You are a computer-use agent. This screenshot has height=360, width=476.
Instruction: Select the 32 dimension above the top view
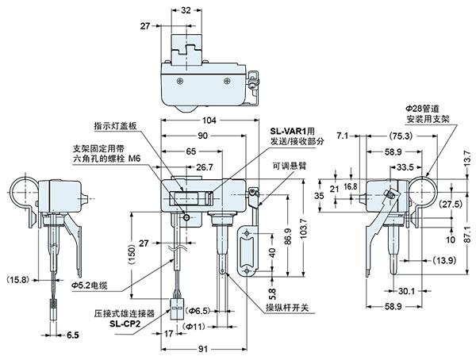tap(186, 11)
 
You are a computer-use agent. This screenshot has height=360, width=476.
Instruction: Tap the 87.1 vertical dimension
tap(467, 250)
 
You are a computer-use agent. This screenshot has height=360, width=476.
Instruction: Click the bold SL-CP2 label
tap(125, 324)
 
